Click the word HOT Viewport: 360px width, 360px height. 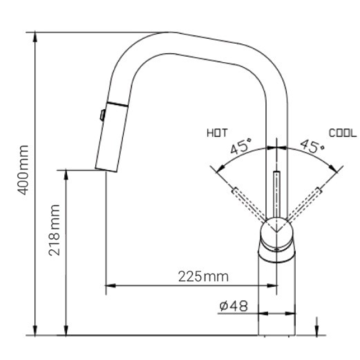pyautogui.click(x=217, y=133)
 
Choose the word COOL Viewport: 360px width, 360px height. pyautogui.click(x=342, y=133)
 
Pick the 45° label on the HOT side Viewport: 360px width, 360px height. pyautogui.click(x=240, y=148)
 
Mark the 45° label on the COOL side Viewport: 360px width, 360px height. pyautogui.click(x=311, y=148)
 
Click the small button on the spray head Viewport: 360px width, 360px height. pyautogui.click(x=102, y=113)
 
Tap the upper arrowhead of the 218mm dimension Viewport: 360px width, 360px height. pyautogui.click(x=66, y=174)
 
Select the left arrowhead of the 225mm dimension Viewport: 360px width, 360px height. pyautogui.click(x=109, y=287)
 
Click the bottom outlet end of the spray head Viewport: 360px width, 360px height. pyautogui.click(x=106, y=170)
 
